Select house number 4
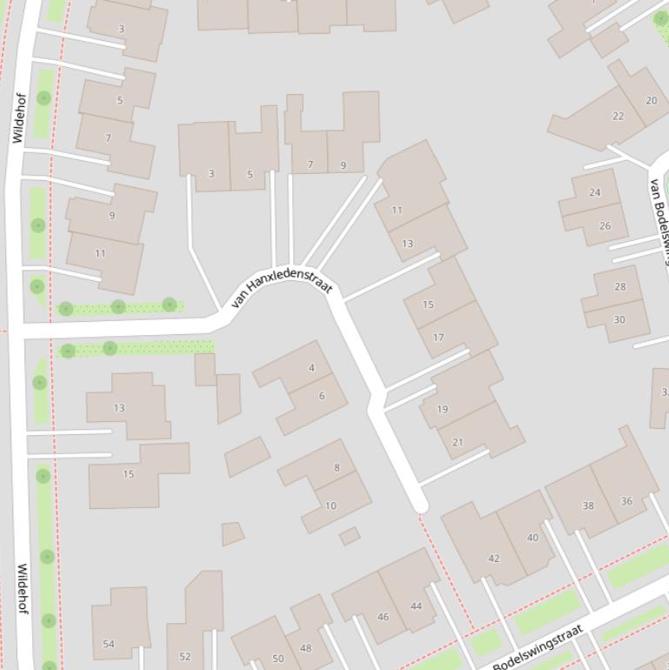tap(311, 368)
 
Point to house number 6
tap(322, 396)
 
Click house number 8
tap(337, 467)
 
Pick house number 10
tap(331, 506)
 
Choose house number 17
tap(438, 338)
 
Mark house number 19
tap(443, 409)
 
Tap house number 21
tap(458, 442)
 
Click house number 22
tap(618, 116)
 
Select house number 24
tap(595, 192)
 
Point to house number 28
tap(619, 286)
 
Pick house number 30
tap(619, 319)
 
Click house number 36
tap(626, 500)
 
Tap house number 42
tap(494, 559)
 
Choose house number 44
tap(416, 606)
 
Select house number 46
tap(383, 617)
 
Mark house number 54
tap(109, 644)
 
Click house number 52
tap(184, 657)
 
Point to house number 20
tap(651, 100)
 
